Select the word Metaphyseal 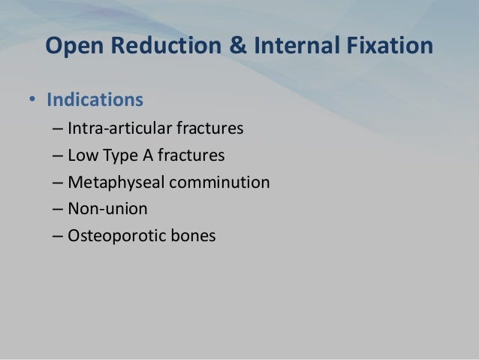click(x=111, y=183)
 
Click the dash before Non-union click(x=58, y=210)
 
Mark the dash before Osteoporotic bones click(x=58, y=237)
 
